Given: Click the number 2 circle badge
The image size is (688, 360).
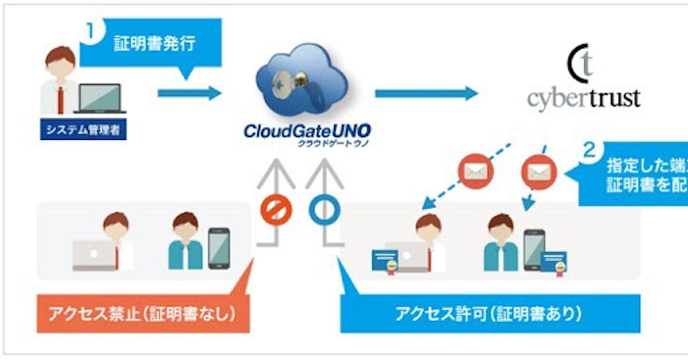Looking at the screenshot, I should click(588, 151).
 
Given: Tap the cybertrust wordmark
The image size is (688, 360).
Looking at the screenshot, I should click(583, 98).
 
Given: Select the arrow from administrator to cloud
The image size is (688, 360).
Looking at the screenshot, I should click(189, 93).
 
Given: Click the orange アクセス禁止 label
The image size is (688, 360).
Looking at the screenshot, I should click(143, 314).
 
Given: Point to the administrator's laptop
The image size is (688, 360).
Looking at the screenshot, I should click(100, 99).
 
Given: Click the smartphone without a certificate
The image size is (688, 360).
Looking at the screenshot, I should click(218, 248).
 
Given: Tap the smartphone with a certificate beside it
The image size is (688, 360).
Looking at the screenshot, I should click(534, 250).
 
